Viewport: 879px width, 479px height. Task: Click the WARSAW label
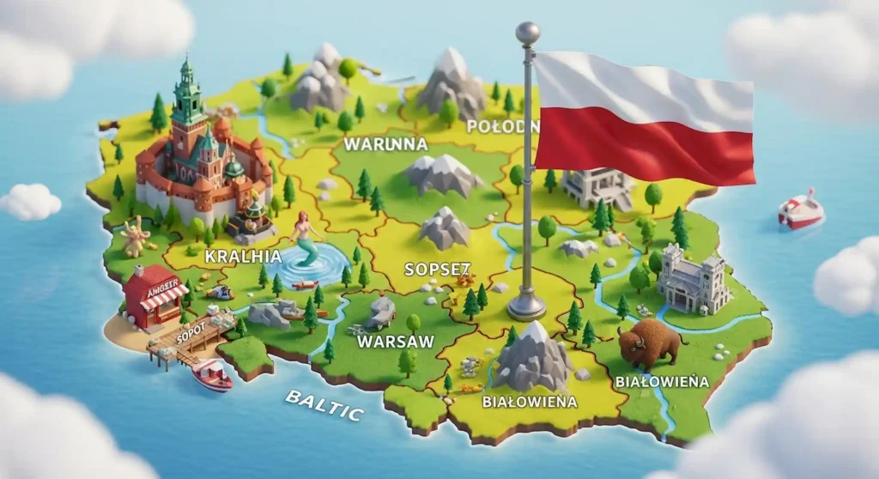click(x=395, y=342)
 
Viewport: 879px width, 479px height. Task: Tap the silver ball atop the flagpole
click(x=527, y=33)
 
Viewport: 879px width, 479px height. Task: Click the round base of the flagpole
click(x=526, y=306)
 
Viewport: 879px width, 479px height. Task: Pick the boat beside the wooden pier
click(x=211, y=374)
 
